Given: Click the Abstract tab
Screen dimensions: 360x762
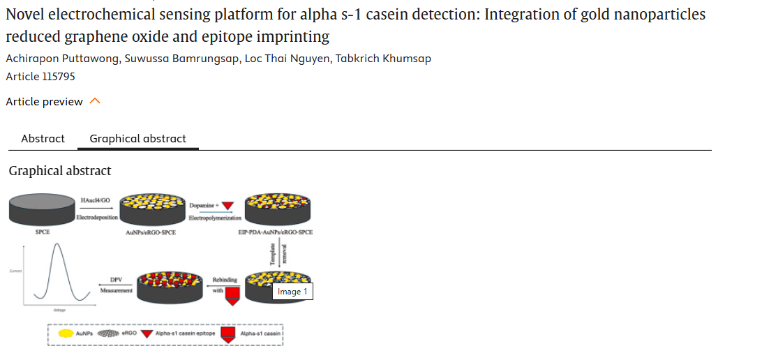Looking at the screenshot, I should (x=43, y=138).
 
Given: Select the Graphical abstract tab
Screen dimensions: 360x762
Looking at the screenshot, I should (x=137, y=138).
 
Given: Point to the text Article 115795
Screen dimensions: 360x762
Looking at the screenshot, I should (x=40, y=76).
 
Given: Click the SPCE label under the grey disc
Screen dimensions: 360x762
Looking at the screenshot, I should (x=42, y=232).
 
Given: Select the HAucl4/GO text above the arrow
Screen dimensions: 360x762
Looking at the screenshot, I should (x=96, y=200).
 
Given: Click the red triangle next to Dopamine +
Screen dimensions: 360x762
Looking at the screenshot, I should (x=227, y=205).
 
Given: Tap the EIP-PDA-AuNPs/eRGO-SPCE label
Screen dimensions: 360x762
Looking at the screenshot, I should (x=275, y=232).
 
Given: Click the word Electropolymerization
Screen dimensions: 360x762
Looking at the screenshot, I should (x=215, y=218).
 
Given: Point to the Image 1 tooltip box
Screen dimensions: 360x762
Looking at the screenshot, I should (x=292, y=292).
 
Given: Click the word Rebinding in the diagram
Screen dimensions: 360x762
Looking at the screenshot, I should (x=225, y=280).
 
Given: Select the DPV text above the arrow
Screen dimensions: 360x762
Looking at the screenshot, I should (x=116, y=280).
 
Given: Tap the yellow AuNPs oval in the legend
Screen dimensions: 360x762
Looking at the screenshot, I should (x=66, y=333).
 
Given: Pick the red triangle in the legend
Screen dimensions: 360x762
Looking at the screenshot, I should (x=147, y=333).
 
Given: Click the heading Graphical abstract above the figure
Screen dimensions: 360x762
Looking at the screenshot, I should (x=60, y=170).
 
